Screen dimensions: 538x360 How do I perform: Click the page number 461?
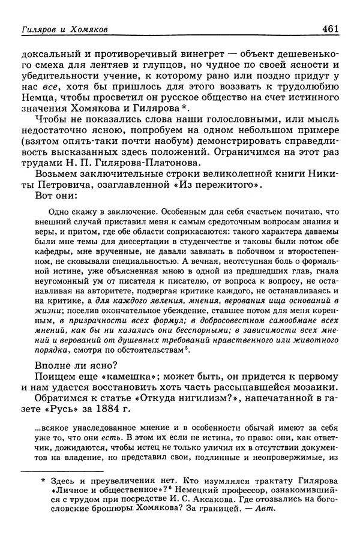pyautogui.click(x=332, y=27)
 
